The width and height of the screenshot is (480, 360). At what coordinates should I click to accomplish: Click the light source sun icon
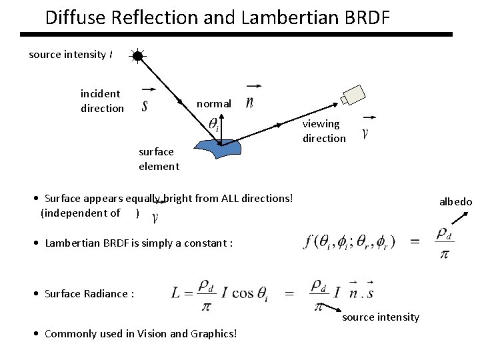coord(137,56)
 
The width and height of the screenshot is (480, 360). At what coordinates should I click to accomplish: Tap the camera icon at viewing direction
coord(353,95)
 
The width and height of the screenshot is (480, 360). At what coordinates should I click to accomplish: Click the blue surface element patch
coord(219,149)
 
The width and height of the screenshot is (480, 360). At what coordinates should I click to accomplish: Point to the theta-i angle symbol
coord(213,124)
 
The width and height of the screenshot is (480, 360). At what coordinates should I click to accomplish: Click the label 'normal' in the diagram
coord(214,104)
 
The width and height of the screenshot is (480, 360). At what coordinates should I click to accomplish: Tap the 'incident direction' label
coord(101,101)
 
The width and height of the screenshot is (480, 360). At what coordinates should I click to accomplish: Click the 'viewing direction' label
coord(324,131)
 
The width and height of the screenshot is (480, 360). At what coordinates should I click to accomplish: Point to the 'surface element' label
coord(159,159)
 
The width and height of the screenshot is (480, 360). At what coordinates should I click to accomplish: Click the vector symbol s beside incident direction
coord(145,105)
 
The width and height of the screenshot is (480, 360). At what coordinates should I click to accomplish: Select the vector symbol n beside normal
coord(250,102)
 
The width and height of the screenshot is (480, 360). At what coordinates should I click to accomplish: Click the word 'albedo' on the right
coord(455,202)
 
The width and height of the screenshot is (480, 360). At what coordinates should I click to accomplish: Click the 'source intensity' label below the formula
coord(381,317)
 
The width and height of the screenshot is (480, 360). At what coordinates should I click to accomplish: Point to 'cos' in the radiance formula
coord(244,293)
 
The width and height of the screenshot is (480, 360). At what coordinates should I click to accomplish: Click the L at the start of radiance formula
coord(176,293)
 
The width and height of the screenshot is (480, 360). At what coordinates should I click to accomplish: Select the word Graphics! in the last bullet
coord(213,333)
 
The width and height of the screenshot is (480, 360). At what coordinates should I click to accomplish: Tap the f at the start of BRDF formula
coord(309,241)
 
